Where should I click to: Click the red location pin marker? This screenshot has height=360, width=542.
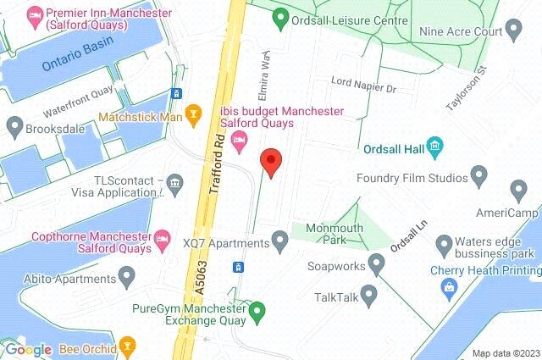click(x=270, y=161)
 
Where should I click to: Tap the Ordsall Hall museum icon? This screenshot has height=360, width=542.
click(x=435, y=147)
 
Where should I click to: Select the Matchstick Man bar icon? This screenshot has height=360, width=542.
click(x=194, y=112)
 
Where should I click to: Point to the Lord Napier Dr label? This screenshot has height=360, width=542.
click(x=363, y=87)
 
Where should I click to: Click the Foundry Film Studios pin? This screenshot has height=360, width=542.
click(x=479, y=178)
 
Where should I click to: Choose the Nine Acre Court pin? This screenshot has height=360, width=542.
click(x=513, y=32)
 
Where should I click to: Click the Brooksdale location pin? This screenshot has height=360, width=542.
click(x=14, y=127)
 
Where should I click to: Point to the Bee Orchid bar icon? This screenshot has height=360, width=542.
click(x=127, y=346)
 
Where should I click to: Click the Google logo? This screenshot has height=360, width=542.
click(x=28, y=349)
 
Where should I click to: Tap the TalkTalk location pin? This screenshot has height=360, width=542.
click(x=368, y=296)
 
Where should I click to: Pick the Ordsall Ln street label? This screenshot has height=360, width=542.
click(x=412, y=235)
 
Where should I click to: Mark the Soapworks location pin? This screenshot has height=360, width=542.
click(x=377, y=265)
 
